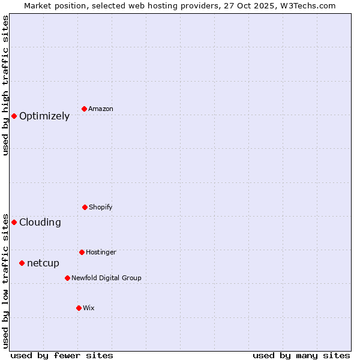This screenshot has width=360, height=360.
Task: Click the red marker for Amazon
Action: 85,109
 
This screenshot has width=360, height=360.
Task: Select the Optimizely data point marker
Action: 14,116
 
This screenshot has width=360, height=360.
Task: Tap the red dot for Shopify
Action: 85,207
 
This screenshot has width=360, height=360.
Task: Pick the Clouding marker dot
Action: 14,222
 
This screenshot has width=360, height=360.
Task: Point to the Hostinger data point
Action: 82,252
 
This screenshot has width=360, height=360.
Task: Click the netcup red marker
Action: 22,263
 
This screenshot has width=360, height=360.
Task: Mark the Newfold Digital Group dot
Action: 67,278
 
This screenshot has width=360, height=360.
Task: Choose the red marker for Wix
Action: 79,308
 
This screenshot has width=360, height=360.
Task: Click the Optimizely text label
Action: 44,116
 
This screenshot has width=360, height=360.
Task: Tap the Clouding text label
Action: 40,223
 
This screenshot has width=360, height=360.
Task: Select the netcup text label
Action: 43,263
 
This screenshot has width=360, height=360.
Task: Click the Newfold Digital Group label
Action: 106,278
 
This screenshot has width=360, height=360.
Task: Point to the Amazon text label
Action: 101,109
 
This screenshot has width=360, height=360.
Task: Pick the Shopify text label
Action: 101,207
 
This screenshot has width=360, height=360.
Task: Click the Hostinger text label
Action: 101,252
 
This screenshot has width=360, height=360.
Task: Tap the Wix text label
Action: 89,308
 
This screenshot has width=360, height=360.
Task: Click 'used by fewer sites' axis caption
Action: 62,356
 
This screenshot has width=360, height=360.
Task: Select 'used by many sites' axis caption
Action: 301,356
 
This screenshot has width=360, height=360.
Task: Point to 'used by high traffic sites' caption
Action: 5,85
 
